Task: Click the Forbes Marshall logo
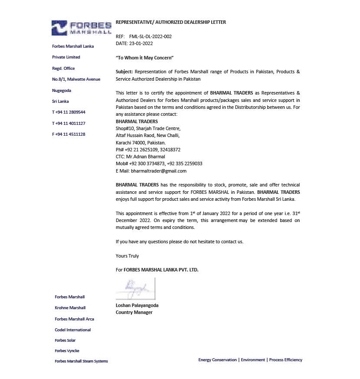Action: (x=81, y=28)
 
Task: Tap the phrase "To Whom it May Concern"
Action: (x=144, y=58)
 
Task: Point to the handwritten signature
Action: (x=135, y=288)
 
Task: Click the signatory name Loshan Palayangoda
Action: (x=137, y=305)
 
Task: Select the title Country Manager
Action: (x=134, y=312)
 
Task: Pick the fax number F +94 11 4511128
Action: (x=69, y=134)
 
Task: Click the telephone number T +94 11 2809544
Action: (x=69, y=112)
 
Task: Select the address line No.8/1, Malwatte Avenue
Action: (x=76, y=79)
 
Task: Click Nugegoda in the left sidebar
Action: (x=62, y=90)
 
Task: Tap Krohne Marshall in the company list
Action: (x=70, y=308)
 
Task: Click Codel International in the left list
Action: (x=73, y=330)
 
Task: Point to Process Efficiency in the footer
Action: (x=285, y=360)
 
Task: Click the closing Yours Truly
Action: (x=127, y=256)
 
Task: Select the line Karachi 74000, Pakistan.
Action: (x=141, y=142)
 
